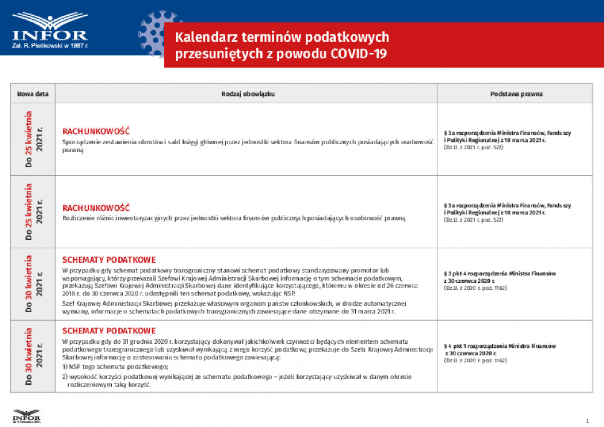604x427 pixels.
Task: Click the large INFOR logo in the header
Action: (50, 30)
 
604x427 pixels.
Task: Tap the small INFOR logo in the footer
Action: (26, 416)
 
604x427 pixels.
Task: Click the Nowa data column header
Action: (33, 94)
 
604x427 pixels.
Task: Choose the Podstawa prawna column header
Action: (516, 94)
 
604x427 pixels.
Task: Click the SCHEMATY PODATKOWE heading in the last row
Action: (109, 331)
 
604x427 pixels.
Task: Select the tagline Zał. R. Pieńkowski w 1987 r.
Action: (50, 46)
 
